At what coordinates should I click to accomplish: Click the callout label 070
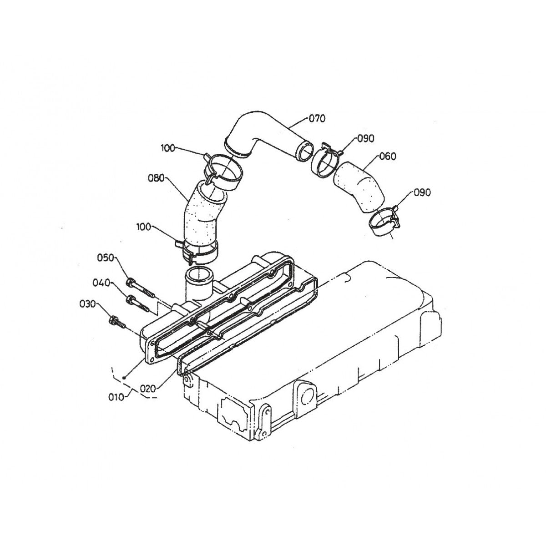coord(317,118)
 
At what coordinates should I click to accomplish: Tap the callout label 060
coord(387,156)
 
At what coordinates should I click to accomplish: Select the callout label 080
coord(156,178)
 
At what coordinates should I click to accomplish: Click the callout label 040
coord(101,283)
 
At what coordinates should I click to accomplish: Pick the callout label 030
coord(87,304)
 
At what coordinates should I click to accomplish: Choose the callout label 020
coord(148,389)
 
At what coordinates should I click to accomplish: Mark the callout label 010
coord(116,397)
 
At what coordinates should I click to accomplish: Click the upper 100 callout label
coord(168,148)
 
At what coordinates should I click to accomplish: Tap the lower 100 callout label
coord(144,227)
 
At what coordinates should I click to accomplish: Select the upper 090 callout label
coord(365,139)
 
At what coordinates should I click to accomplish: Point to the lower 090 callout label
coord(422,192)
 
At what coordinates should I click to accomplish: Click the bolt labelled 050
coord(141,289)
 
